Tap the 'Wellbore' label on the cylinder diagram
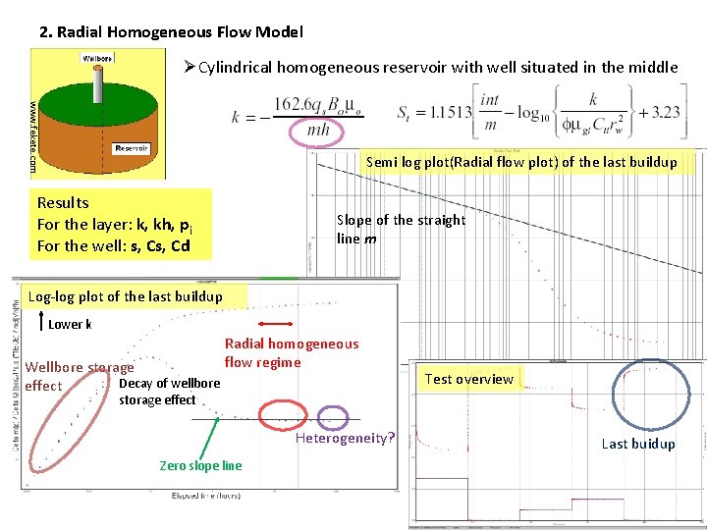pyautogui.click(x=96, y=57)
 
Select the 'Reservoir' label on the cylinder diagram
pyautogui.click(x=131, y=149)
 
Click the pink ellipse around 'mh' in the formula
pyautogui.click(x=317, y=129)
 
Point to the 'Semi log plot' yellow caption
pyautogui.click(x=521, y=162)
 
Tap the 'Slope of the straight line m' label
pyautogui.click(x=401, y=229)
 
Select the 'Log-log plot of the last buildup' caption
pyautogui.click(x=126, y=296)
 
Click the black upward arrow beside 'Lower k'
pyautogui.click(x=39, y=322)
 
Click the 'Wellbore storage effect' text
pyautogui.click(x=79, y=376)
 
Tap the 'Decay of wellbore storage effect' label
pyautogui.click(x=169, y=391)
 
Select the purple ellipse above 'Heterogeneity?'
pyautogui.click(x=333, y=418)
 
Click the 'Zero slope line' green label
pyautogui.click(x=200, y=465)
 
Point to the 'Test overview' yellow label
pyautogui.click(x=469, y=379)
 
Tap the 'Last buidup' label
pyautogui.click(x=638, y=444)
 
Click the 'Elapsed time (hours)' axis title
pyautogui.click(x=206, y=496)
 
